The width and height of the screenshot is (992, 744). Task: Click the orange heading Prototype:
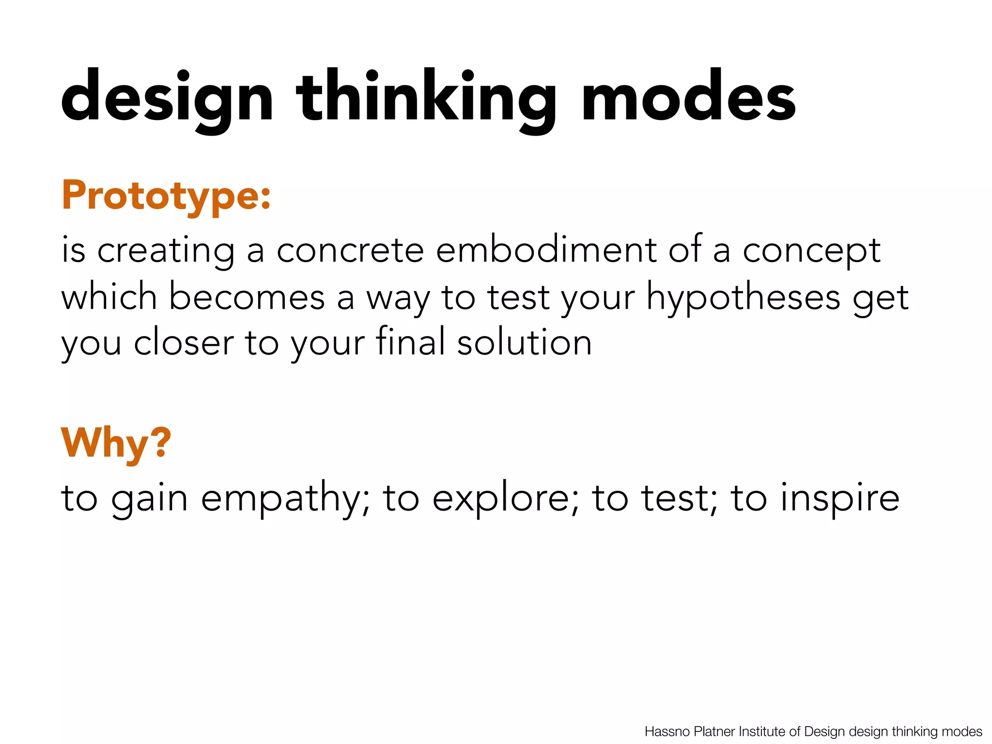coord(166,196)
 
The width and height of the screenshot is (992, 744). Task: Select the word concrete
coord(350,251)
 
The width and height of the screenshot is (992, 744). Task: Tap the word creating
coord(166,251)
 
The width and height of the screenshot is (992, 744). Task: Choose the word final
coord(410,341)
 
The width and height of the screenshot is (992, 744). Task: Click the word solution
coord(525,342)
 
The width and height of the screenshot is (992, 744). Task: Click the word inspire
coord(840,499)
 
